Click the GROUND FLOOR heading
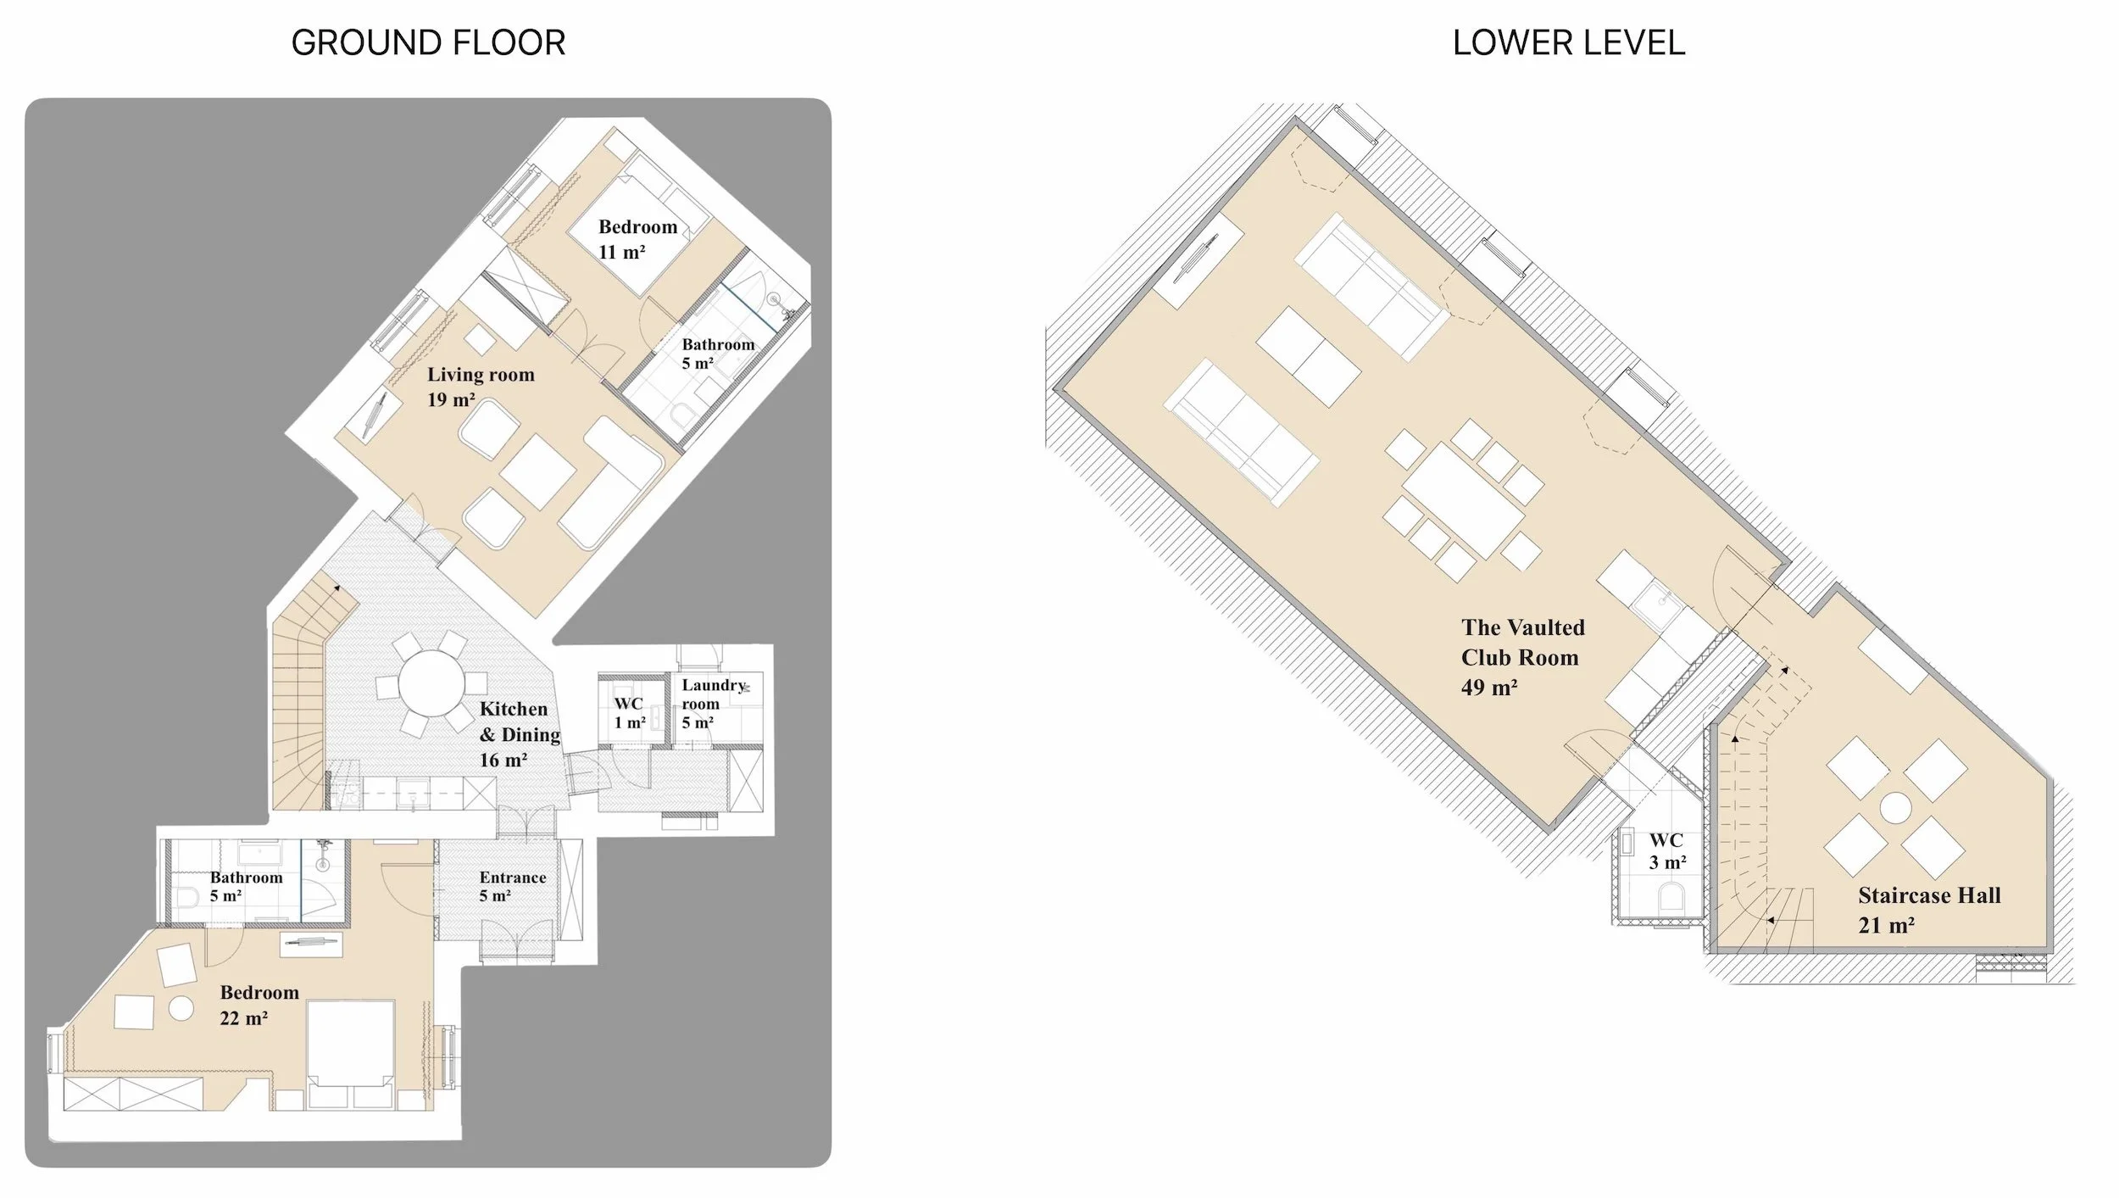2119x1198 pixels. coord(428,42)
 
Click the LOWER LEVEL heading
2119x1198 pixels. coord(1568,42)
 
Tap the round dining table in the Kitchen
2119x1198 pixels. coord(431,683)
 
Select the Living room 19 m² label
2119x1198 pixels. coord(481,387)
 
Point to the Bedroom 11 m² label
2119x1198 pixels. coord(637,239)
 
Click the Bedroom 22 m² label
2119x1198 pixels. coord(259,1005)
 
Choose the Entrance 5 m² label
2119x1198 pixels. coord(512,886)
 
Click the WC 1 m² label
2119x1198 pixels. coord(629,712)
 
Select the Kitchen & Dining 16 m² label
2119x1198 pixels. coord(519,734)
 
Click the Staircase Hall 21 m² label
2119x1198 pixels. coord(1928,910)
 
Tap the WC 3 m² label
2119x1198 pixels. coord(1666,851)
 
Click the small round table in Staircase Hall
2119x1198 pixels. coord(1895,808)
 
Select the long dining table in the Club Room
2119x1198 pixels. coord(1463,500)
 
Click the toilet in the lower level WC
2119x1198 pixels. coord(1671,897)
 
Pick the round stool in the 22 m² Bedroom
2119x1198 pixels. coord(181,1008)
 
